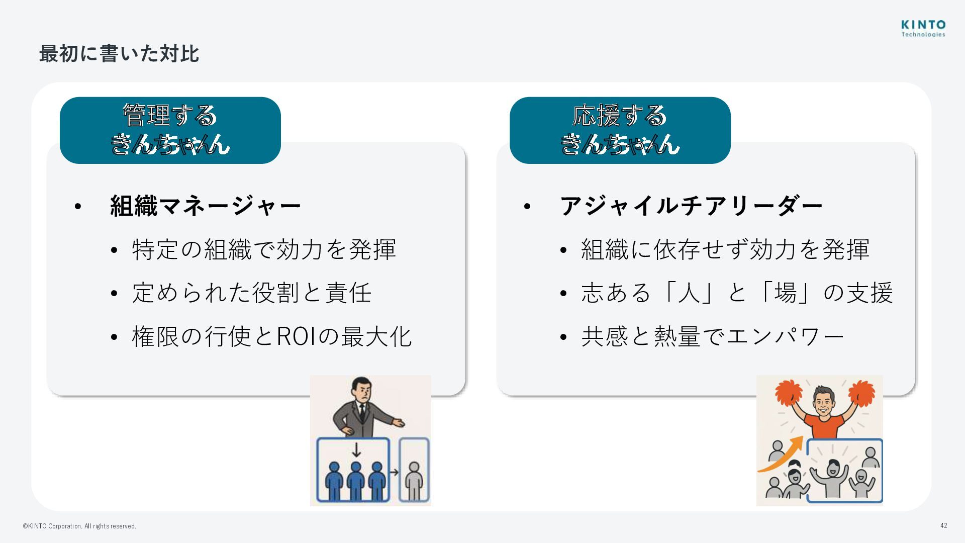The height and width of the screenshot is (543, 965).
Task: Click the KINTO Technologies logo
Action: coord(923,28)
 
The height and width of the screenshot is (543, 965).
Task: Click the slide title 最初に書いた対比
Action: coord(119,54)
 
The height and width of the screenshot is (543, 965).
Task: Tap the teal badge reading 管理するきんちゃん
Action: coord(170,130)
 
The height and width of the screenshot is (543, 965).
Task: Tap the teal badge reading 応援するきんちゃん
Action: coord(620,130)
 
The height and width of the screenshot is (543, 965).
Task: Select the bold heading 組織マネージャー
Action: coord(205,206)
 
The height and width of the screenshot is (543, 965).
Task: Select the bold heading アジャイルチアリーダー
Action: coord(691,206)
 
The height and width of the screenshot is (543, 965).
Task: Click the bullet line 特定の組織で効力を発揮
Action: coord(264,249)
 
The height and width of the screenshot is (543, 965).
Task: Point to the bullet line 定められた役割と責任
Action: coord(251,293)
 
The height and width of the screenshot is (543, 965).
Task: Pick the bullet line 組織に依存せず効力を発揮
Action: coord(725,249)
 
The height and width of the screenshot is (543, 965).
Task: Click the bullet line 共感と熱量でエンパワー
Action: coord(712,336)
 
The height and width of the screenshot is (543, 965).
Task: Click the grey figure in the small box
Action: coord(414,480)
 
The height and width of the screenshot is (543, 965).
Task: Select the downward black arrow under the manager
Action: coord(356,449)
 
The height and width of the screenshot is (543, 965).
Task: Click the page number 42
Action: coord(943,525)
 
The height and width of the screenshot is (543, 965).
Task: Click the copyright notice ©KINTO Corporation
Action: coord(79,526)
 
